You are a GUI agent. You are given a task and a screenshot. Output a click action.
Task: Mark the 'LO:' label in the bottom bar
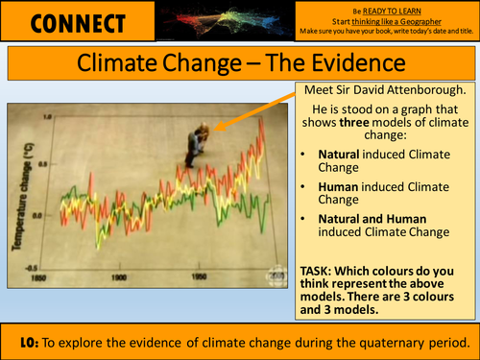(36, 342)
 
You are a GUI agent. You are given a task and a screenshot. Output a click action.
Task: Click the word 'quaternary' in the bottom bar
(378, 342)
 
